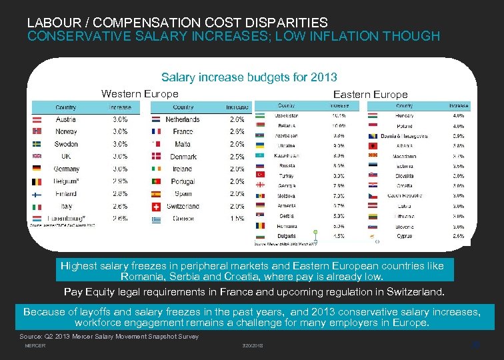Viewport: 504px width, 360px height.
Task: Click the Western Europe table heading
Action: (x=139, y=94)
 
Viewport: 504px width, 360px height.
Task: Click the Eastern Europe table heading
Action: (x=370, y=95)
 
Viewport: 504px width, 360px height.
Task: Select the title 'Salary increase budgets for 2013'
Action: (x=249, y=77)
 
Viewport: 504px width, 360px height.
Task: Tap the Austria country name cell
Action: (x=65, y=119)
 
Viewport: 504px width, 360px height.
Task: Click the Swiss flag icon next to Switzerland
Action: (x=155, y=206)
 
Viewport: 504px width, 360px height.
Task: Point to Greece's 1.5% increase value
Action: (x=236, y=219)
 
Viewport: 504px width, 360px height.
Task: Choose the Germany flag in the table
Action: (x=37, y=169)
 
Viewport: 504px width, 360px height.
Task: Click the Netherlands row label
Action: (x=182, y=119)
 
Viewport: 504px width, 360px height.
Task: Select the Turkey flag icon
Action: (x=260, y=175)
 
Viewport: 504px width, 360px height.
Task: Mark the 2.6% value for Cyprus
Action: (x=458, y=236)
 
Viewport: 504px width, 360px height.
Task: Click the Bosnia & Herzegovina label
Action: (x=404, y=136)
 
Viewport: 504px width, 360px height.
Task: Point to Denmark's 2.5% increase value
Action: (x=236, y=157)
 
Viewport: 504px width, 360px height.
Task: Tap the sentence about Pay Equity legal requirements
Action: (x=253, y=292)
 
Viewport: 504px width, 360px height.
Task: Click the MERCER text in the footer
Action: (x=35, y=345)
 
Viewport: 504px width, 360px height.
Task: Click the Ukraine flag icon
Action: (x=260, y=145)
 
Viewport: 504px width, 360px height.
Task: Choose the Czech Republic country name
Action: (x=404, y=195)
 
